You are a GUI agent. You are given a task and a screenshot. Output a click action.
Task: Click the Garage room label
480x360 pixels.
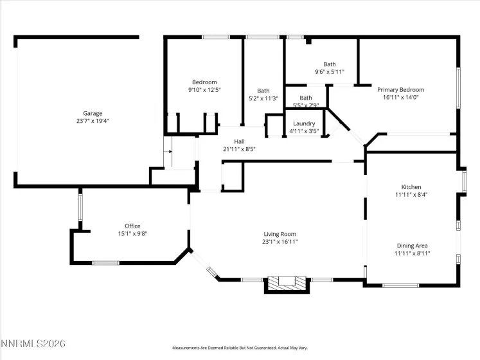click(x=93, y=113)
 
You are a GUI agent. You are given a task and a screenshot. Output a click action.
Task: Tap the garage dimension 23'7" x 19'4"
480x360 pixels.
click(x=93, y=121)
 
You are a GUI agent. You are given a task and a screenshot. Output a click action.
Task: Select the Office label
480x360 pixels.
click(x=132, y=226)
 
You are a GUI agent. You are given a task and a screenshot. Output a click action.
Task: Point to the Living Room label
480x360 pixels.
click(x=280, y=234)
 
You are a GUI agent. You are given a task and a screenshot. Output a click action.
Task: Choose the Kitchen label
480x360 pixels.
click(x=411, y=187)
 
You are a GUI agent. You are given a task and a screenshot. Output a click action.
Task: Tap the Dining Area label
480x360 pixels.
click(x=411, y=246)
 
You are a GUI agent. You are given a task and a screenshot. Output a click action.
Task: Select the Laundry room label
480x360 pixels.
click(x=303, y=123)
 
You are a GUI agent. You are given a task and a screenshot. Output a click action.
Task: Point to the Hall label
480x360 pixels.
click(x=239, y=141)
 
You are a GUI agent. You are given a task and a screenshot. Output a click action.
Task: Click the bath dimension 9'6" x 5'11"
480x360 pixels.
click(x=329, y=72)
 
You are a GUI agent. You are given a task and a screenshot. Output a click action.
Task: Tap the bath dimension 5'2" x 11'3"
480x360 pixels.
click(x=263, y=98)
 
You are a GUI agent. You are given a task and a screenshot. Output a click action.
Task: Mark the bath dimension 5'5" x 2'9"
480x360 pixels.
click(x=306, y=105)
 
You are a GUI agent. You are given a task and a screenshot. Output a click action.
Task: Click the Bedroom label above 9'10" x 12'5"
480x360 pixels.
click(x=204, y=82)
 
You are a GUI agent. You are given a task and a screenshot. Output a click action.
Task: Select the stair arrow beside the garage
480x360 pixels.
click(x=170, y=152)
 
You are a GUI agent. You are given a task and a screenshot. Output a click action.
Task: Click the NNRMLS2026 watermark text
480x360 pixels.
click(x=33, y=345)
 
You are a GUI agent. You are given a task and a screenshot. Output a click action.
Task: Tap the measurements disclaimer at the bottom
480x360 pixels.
click(x=240, y=348)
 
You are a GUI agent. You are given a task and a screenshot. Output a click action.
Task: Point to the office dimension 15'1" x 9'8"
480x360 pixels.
click(x=132, y=233)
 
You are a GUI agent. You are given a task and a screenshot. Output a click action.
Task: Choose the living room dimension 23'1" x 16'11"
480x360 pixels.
click(x=280, y=242)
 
